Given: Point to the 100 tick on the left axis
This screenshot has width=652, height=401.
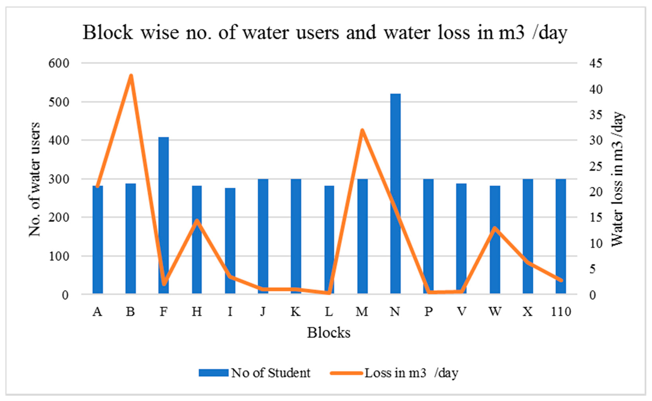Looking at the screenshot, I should coord(59,256).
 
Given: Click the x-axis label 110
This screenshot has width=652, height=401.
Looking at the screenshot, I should coord(561,312).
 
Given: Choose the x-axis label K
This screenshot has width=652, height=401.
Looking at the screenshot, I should coord(296,312).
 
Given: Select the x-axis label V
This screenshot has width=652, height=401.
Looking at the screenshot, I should coord(461,312).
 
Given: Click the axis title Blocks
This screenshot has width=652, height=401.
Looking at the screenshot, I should coord(328,333).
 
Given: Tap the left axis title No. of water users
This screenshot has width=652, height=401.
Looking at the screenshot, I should coord(34,179).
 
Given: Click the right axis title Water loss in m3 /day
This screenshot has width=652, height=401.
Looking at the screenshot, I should coord(617,179).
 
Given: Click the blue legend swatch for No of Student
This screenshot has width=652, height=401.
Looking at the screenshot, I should coord(213,373).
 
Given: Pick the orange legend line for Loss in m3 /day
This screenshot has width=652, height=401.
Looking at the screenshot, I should coord(346,373).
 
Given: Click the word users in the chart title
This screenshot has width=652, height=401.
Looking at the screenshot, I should coord(317,33).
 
